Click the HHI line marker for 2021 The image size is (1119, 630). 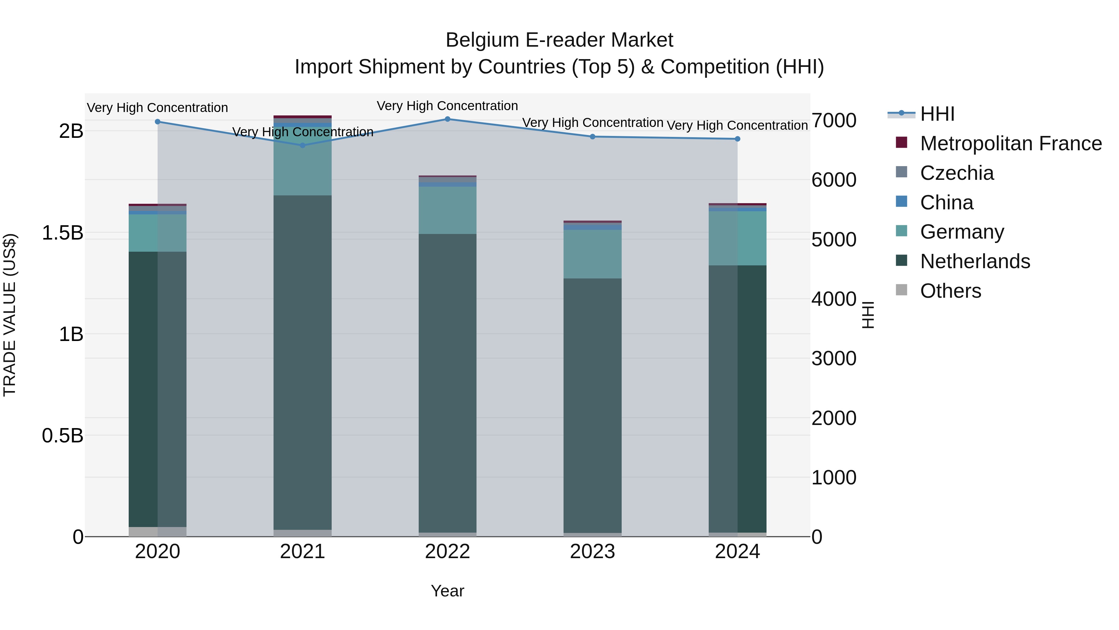point(302,145)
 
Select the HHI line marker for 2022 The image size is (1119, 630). point(447,119)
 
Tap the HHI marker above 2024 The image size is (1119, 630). point(737,139)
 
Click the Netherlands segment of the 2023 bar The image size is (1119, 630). point(592,404)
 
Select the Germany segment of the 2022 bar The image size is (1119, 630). point(447,210)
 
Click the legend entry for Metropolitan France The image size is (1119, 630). point(1011,143)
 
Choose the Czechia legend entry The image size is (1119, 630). point(956,173)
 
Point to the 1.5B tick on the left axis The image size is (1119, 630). point(62,233)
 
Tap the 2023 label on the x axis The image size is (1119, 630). point(592,552)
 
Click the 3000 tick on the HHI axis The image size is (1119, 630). point(834,359)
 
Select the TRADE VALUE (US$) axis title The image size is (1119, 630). point(10,315)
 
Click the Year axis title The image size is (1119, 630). point(447,591)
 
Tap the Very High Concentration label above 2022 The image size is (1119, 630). point(447,106)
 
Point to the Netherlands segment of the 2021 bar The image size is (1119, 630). point(302,361)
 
